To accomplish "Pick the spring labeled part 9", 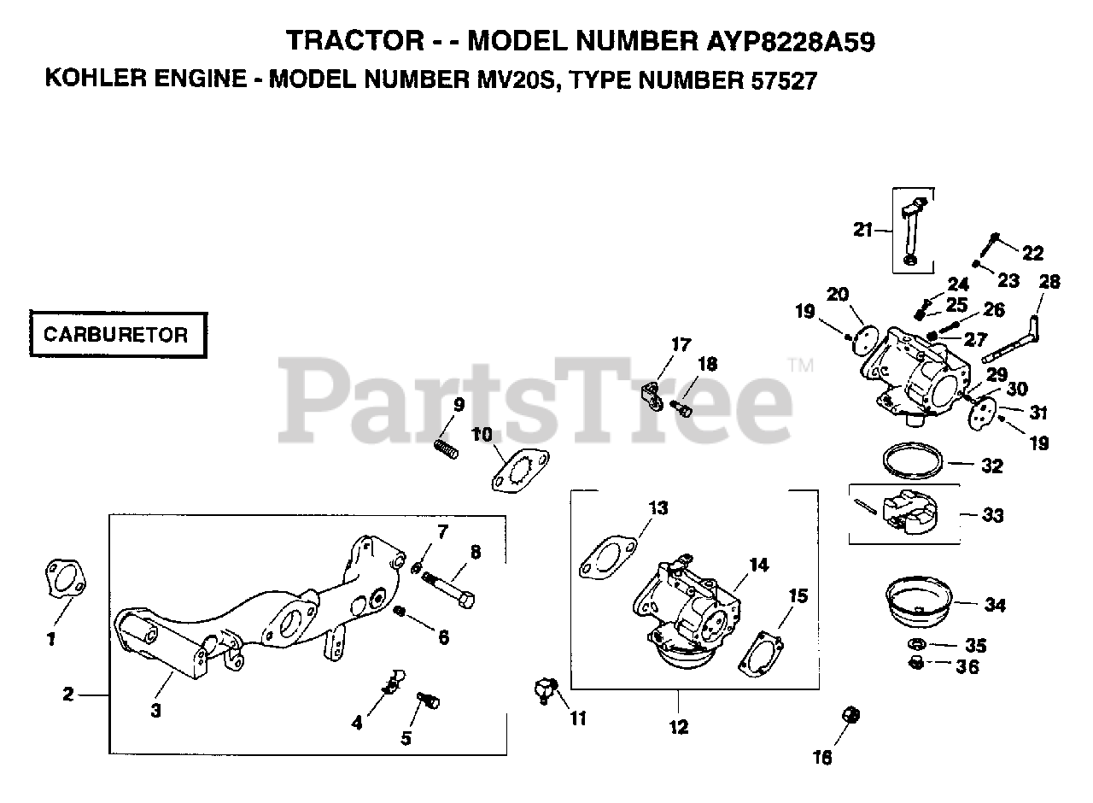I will (x=446, y=447).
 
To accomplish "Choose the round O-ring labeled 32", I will (x=913, y=460).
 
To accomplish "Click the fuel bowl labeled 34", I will (x=921, y=598).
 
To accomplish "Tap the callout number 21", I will (x=863, y=228).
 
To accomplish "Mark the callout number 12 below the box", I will (x=679, y=728).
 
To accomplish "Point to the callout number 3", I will (x=155, y=711).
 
